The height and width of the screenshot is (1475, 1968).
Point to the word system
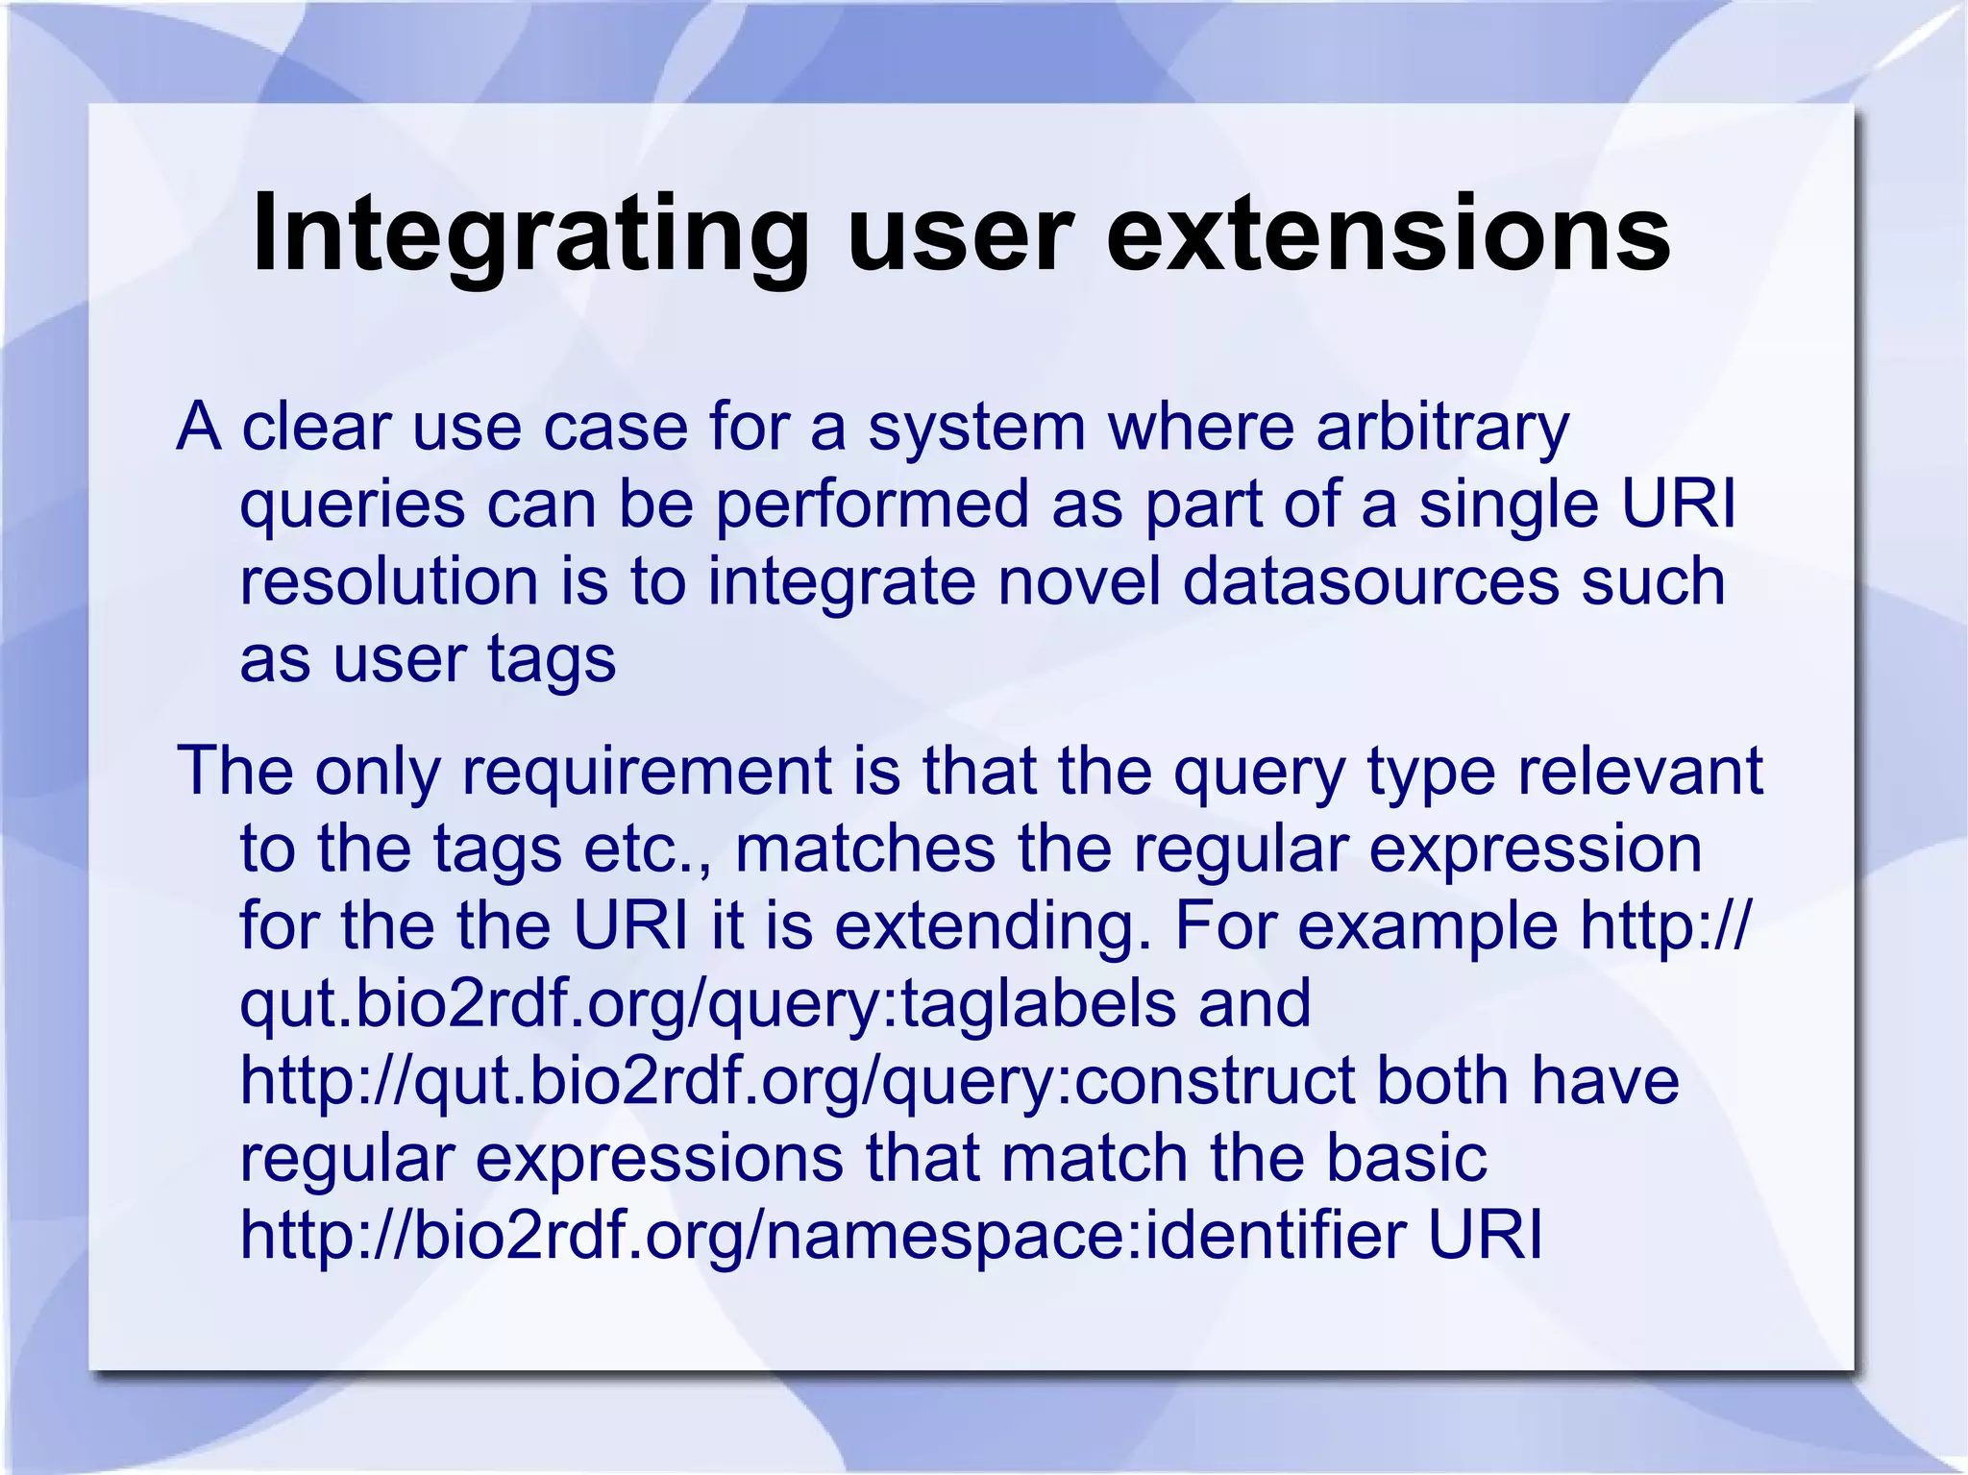pos(976,430)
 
